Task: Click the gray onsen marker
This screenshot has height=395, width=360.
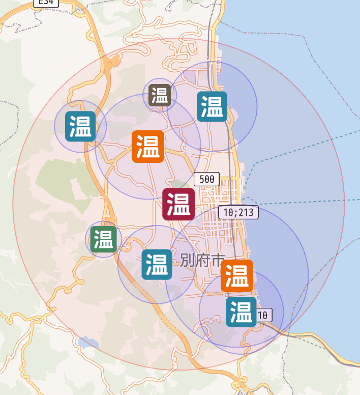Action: tap(159, 95)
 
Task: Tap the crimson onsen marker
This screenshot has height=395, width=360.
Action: tap(178, 204)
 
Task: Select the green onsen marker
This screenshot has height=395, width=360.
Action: tap(104, 239)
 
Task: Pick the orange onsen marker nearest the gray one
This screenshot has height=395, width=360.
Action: tap(148, 147)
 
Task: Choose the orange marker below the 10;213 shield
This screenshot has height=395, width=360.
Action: tap(236, 276)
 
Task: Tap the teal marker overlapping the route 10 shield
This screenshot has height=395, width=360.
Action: tap(241, 312)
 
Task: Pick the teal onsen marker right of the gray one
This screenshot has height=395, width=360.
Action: tap(212, 106)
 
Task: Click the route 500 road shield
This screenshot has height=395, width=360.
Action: tap(207, 179)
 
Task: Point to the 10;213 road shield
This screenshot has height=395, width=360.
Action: tap(238, 212)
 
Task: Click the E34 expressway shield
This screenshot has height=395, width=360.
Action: tap(46, 3)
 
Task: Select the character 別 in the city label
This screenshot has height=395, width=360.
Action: tap(187, 261)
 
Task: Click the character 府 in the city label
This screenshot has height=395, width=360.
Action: tap(202, 261)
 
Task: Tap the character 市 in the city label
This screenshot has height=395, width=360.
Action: tap(217, 261)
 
